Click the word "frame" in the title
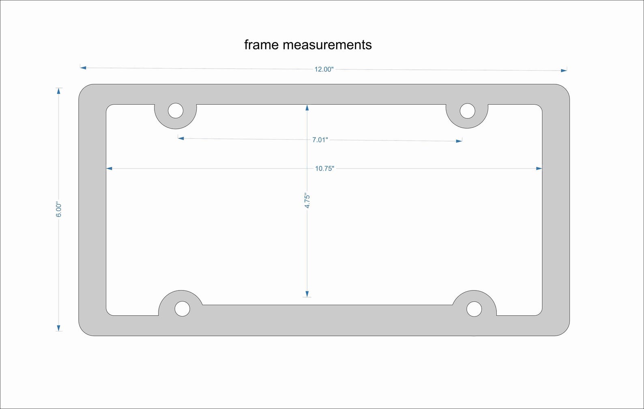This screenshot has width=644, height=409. (x=261, y=45)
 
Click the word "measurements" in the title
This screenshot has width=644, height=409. (x=327, y=45)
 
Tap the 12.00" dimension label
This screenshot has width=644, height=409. (x=324, y=69)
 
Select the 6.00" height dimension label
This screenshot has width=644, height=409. (x=59, y=209)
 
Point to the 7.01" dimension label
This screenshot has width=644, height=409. (x=320, y=140)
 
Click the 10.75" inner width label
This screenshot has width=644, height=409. (x=324, y=168)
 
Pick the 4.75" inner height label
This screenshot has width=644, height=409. (x=307, y=201)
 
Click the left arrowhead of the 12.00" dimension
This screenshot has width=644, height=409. (x=83, y=68)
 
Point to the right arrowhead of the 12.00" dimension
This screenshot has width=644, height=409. (x=564, y=71)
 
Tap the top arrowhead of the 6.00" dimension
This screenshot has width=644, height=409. (x=59, y=91)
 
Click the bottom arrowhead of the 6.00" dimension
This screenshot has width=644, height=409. (x=59, y=328)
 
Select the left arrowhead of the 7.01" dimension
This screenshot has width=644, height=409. (x=181, y=138)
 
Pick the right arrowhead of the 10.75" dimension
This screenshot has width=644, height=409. (x=539, y=168)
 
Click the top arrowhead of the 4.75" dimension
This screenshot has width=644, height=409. (x=307, y=108)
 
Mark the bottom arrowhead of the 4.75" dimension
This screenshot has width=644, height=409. (x=307, y=294)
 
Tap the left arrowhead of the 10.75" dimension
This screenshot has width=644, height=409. (x=109, y=168)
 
